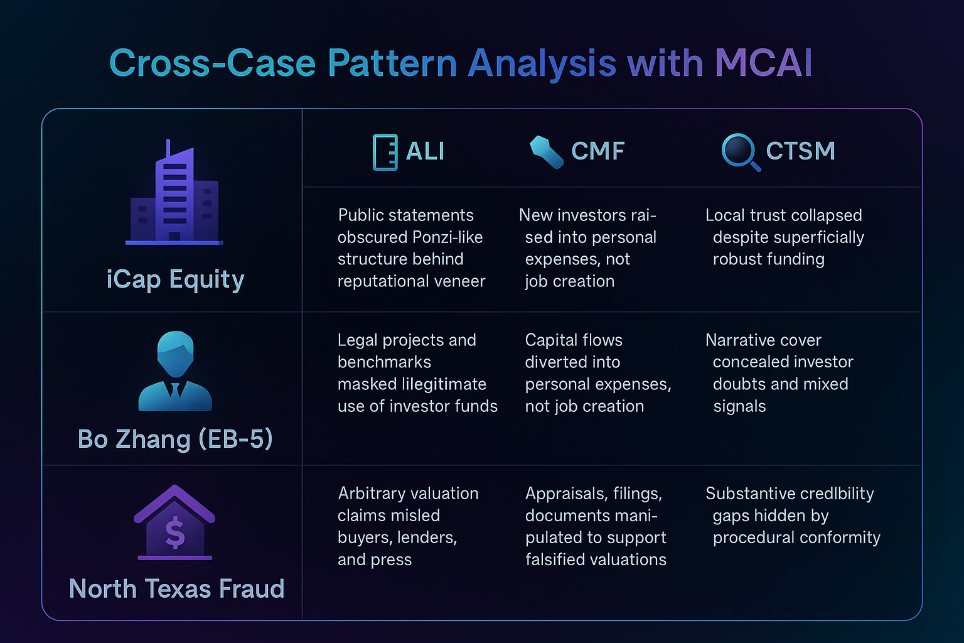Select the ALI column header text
(425, 151)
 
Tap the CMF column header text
(597, 151)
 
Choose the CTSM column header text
(800, 151)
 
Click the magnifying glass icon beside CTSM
(740, 152)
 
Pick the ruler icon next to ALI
(385, 152)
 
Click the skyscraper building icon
(174, 193)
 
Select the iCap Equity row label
(175, 279)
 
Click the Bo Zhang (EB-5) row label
(175, 439)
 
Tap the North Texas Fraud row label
(176, 589)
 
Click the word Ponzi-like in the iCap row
(447, 237)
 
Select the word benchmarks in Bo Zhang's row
(384, 362)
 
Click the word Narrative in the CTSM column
(763, 340)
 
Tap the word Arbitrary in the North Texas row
(374, 494)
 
